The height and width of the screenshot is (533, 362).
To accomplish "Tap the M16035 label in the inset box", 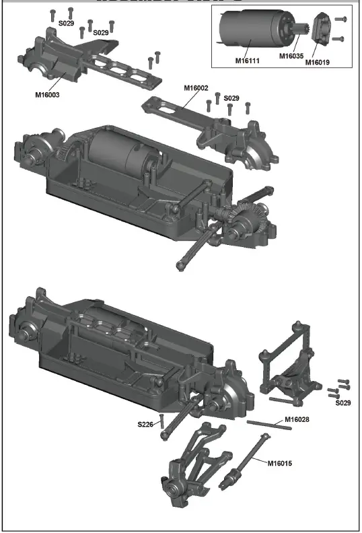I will click(x=292, y=56).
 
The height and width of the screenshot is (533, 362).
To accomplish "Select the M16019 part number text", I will click(x=318, y=63).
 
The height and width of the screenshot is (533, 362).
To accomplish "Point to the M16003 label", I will click(x=47, y=95).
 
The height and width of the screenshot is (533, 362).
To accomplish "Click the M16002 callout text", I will click(x=196, y=87).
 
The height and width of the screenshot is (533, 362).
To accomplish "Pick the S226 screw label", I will click(x=146, y=424).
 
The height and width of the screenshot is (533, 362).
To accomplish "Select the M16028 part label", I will click(x=297, y=419).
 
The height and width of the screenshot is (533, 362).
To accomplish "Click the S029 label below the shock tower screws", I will click(x=343, y=402).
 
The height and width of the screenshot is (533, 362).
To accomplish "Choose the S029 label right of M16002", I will click(x=231, y=98).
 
